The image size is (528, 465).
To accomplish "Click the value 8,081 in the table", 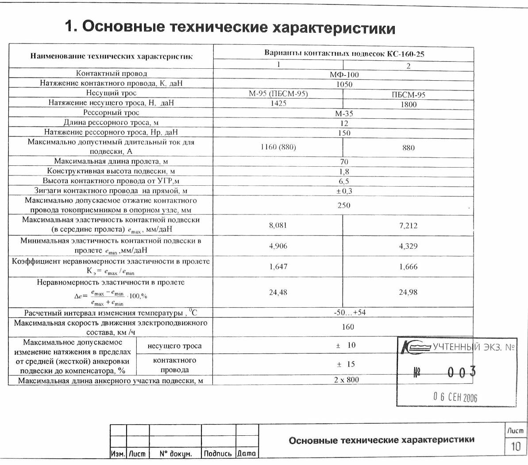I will (278, 225).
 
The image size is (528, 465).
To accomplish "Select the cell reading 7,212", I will (408, 226).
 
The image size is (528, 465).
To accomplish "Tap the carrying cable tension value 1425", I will (278, 103).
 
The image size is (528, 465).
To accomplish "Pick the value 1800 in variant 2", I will (409, 105).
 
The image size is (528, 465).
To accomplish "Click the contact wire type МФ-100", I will (344, 74).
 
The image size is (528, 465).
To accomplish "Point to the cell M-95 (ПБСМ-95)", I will (278, 94).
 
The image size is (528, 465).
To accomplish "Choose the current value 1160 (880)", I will (278, 147).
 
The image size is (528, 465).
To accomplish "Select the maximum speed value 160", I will (348, 327).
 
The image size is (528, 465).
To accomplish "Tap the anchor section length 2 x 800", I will (347, 379).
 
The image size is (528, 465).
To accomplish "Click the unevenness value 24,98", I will (408, 292).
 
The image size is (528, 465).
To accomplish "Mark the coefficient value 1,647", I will (278, 267).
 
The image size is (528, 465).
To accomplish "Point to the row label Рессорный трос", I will (111, 113).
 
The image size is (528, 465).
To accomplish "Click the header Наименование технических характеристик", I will (111, 56).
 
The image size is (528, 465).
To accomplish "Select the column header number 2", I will (409, 66).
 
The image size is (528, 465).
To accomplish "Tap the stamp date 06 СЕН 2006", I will (455, 397).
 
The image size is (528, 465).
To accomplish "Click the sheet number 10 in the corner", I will (516, 446).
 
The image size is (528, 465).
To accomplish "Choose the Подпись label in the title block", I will (218, 453).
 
